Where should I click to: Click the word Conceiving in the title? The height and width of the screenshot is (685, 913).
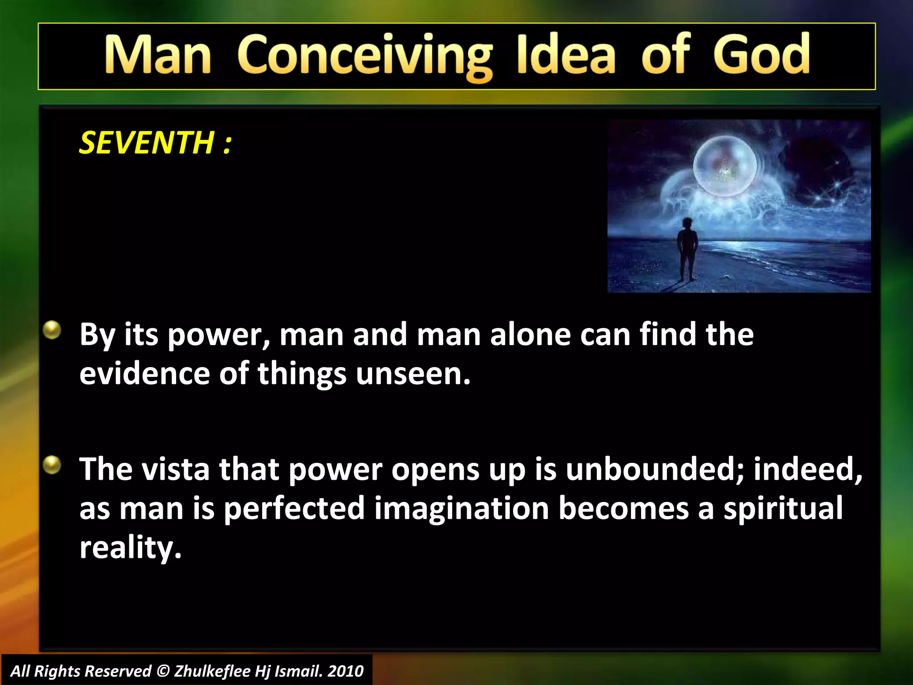click(365, 57)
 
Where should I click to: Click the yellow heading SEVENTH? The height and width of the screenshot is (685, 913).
click(147, 143)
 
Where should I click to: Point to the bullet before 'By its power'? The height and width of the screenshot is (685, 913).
click(52, 330)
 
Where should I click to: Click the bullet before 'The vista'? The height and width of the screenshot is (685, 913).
click(52, 465)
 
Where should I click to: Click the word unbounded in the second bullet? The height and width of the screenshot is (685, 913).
click(654, 469)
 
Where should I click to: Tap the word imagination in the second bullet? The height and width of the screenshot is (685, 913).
click(461, 508)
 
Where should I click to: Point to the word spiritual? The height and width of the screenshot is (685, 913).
click(783, 508)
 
